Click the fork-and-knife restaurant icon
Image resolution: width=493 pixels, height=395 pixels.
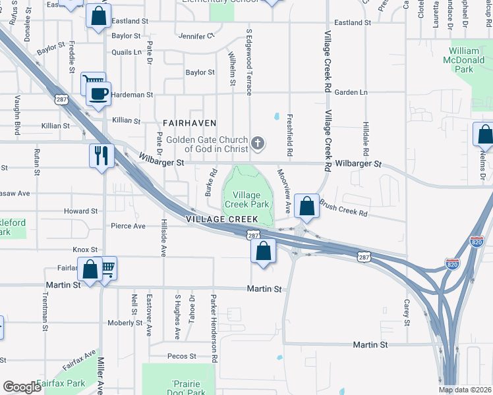101,156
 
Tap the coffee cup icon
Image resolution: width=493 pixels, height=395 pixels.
98,93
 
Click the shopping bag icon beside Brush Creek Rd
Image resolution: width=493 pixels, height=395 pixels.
306,206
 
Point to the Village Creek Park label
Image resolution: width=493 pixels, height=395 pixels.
246,200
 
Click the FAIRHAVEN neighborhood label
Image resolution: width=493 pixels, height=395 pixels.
190,122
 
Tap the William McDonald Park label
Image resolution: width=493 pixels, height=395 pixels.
469,60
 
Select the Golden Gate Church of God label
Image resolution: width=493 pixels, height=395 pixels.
207,144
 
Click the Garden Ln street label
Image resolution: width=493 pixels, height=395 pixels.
351,93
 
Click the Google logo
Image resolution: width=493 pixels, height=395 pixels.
22,387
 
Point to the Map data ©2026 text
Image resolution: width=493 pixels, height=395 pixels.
465,390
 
